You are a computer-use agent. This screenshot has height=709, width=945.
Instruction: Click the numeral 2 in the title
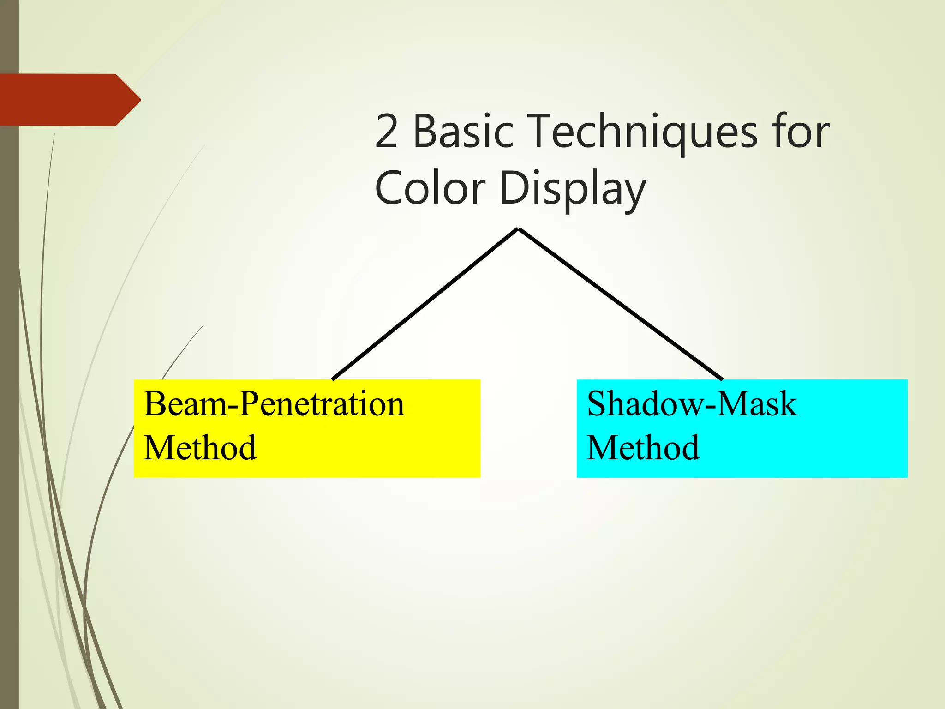[387, 132]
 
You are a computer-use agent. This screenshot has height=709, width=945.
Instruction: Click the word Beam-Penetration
[274, 404]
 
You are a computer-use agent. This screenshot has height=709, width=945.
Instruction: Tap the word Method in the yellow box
[200, 448]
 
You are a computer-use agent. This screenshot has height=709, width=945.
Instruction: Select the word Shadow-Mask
[692, 404]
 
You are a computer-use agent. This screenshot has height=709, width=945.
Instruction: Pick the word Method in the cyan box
[643, 448]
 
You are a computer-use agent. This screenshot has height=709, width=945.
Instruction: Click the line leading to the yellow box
[425, 305]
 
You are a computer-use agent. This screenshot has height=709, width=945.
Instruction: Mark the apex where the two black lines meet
[518, 229]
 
